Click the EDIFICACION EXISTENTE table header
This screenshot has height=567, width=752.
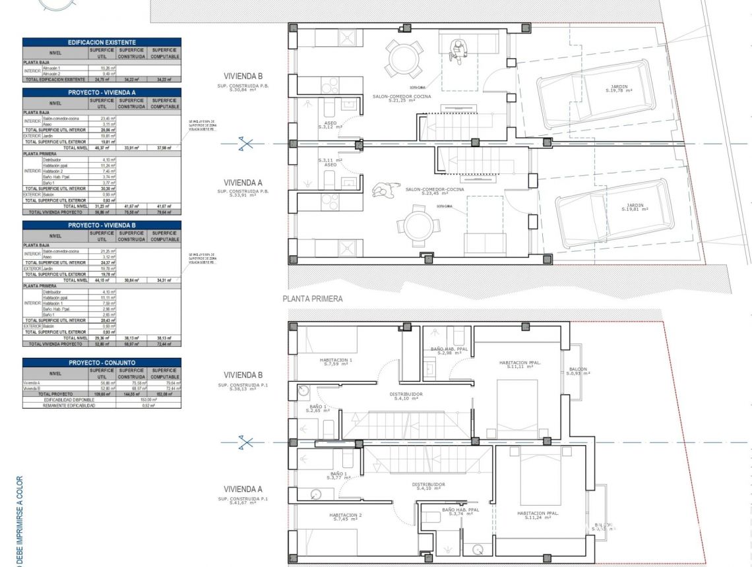pyautogui.click(x=102, y=42)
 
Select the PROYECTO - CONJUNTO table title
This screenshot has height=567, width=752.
pyautogui.click(x=102, y=363)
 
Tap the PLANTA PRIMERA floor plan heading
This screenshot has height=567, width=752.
pyautogui.click(x=313, y=299)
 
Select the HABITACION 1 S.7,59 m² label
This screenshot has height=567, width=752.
pyautogui.click(x=336, y=362)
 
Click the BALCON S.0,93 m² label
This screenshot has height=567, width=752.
pyautogui.click(x=577, y=371)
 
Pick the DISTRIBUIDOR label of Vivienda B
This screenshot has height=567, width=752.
pyautogui.click(x=408, y=396)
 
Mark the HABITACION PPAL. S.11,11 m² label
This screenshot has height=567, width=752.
pyautogui.click(x=521, y=364)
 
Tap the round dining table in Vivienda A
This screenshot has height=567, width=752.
pyautogui.click(x=419, y=225)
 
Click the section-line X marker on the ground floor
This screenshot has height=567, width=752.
pyautogui.click(x=245, y=143)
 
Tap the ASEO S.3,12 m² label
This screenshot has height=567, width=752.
pyautogui.click(x=330, y=125)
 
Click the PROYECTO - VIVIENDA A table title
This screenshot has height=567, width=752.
pyautogui.click(x=102, y=93)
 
